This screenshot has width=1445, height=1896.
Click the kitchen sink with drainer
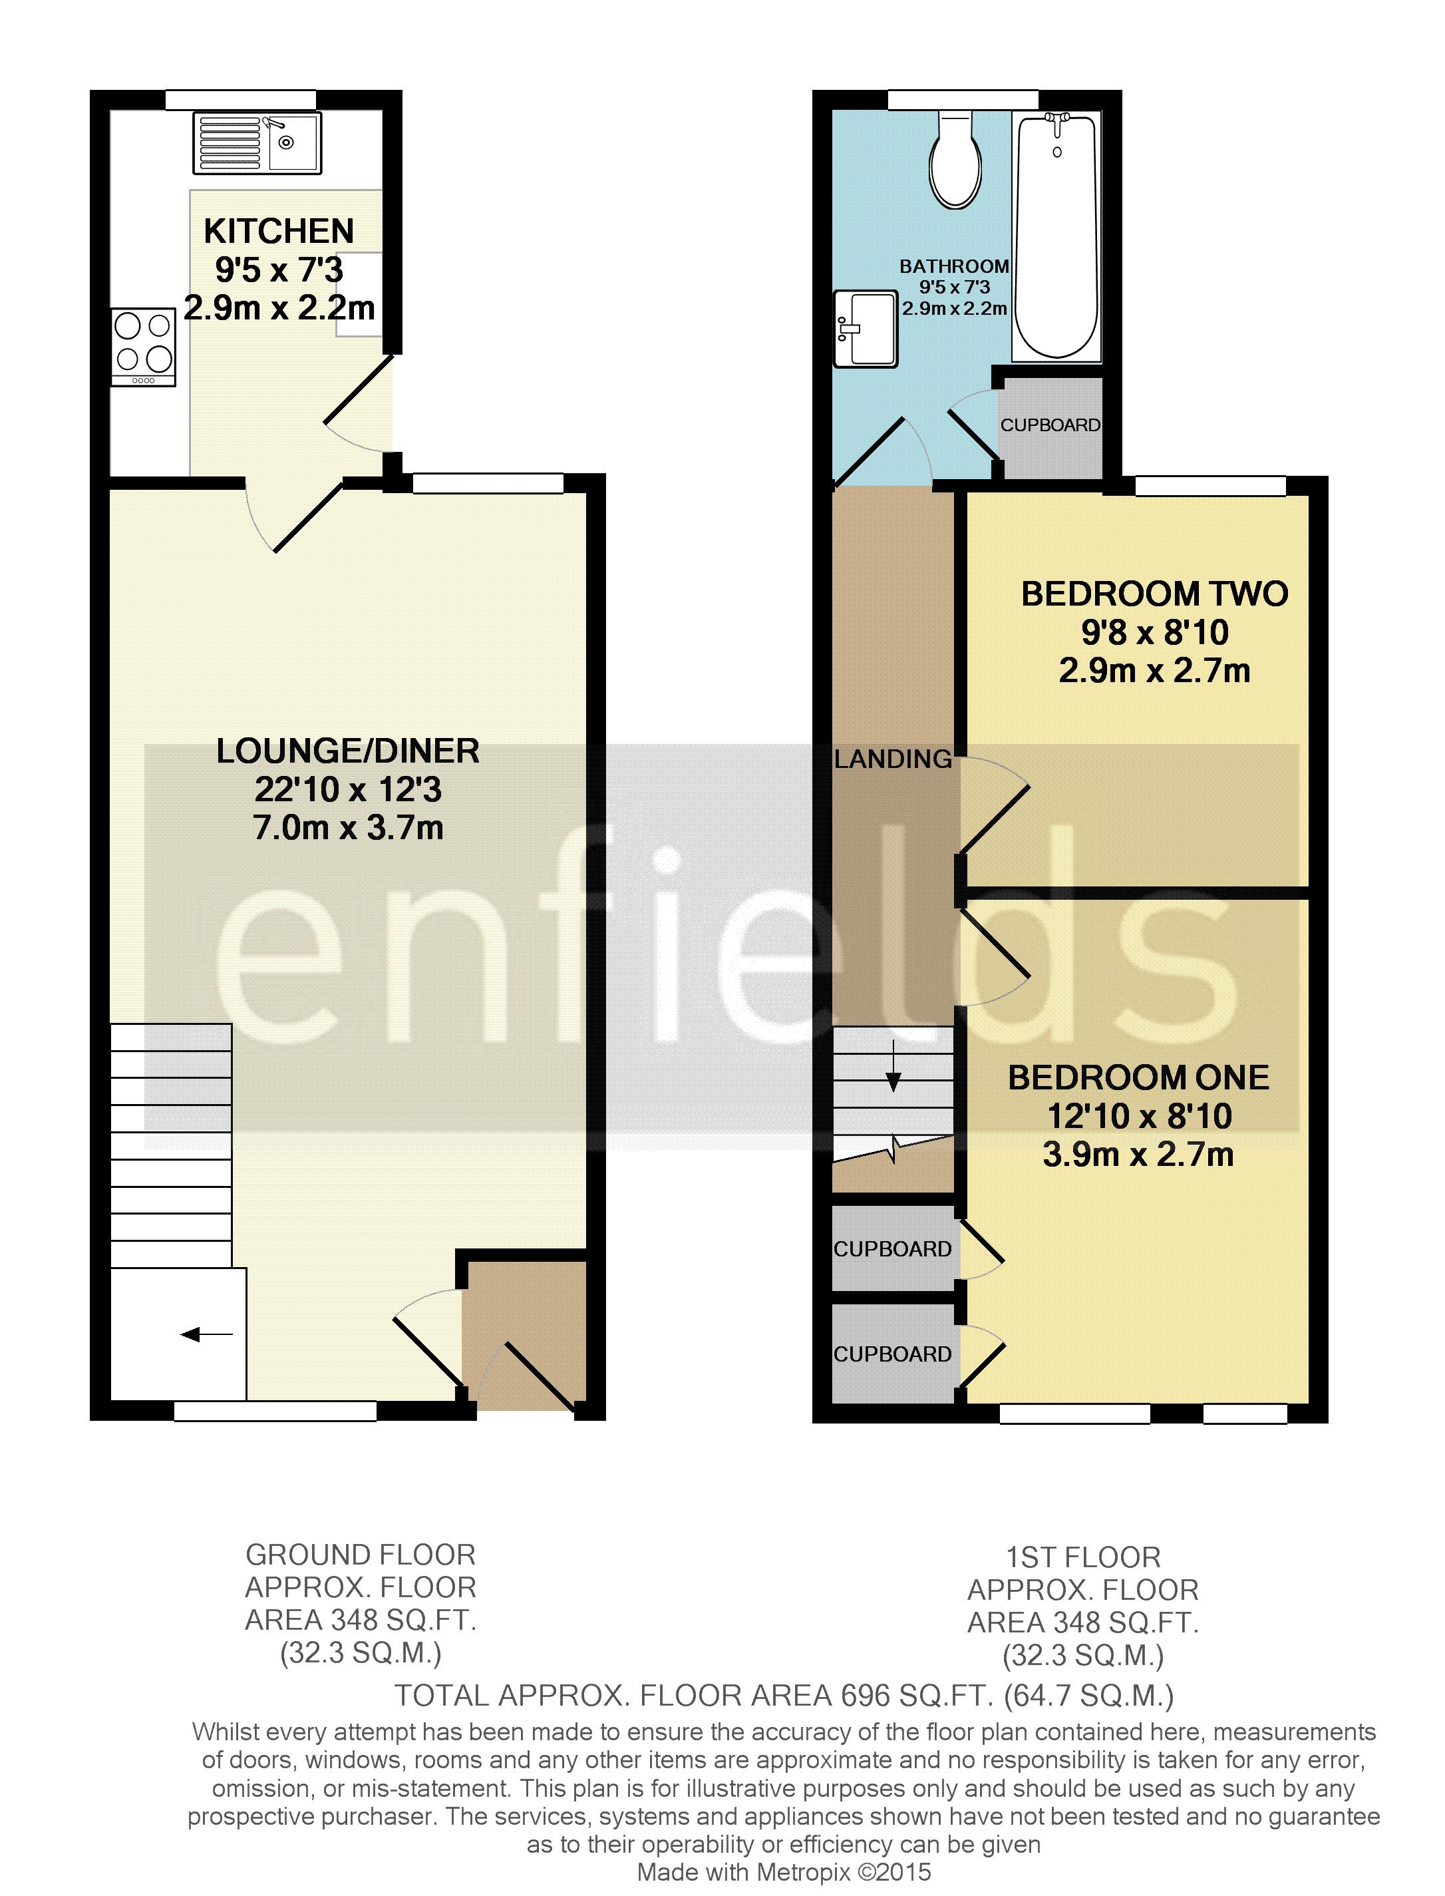pos(257,142)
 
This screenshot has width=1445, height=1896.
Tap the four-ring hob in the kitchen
pos(144,347)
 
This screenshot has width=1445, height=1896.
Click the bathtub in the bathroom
pos(1057,236)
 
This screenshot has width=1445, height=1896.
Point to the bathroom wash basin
pos(866,327)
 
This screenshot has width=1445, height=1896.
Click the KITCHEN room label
pos(279,232)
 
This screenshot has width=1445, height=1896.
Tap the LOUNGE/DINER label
pos(347,751)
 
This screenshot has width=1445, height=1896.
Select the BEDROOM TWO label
pos(1154,594)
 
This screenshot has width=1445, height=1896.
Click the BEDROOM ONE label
pos(1138,1078)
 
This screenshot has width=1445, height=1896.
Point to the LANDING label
pos(893,759)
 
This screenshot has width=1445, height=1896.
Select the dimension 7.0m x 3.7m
pos(347,828)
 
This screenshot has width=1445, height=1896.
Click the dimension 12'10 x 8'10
pos(1139,1116)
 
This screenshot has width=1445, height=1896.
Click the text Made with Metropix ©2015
pos(784,1872)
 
